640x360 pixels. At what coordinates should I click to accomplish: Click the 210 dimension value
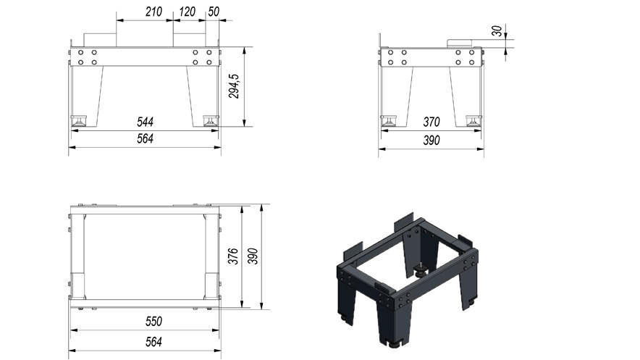[153, 12]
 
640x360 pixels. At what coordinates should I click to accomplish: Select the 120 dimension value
[187, 12]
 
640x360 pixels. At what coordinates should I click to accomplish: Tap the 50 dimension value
[214, 12]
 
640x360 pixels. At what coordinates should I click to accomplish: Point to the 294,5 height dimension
[234, 86]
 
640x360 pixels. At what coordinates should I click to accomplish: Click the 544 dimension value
[145, 122]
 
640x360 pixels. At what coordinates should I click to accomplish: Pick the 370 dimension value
[431, 122]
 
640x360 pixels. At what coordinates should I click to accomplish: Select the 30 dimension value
[497, 31]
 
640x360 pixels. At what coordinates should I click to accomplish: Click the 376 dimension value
[232, 256]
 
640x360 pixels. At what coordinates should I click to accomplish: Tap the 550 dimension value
[153, 321]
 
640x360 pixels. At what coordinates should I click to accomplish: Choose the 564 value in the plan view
[153, 342]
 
